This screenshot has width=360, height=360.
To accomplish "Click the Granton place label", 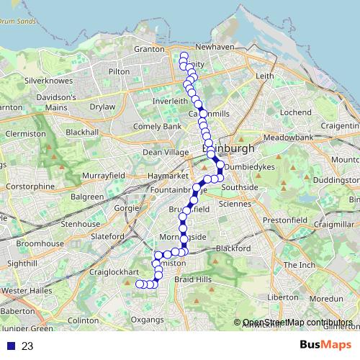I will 149,49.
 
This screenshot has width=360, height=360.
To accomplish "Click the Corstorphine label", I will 29,186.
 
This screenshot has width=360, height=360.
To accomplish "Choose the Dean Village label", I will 165,152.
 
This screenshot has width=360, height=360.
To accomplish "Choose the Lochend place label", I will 295,112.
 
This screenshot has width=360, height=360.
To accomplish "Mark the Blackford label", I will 232,247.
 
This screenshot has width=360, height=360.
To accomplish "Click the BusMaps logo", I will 325,346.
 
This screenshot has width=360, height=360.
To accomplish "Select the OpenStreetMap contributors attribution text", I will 297,323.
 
